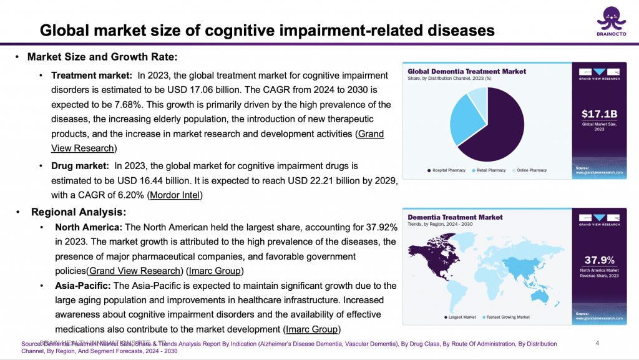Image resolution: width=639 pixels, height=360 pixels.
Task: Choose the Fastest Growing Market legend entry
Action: pos(509,317)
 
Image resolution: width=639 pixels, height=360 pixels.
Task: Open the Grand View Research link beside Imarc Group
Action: pos(135,271)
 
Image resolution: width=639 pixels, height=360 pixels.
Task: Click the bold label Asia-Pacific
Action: pos(83,285)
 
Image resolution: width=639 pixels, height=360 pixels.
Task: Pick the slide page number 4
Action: pos(597,343)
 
